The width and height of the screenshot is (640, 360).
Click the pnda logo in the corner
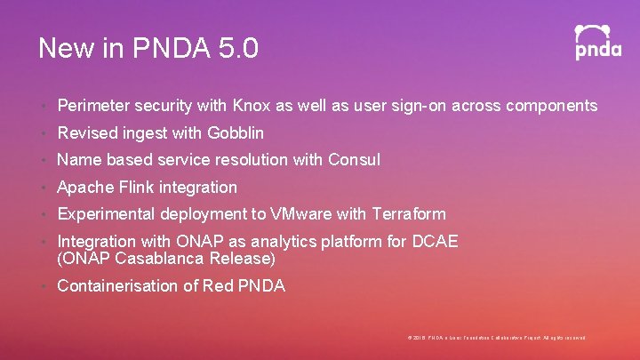pos(597,42)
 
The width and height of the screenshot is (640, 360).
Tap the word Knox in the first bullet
pos(252,106)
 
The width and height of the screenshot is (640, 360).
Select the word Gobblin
pos(236,133)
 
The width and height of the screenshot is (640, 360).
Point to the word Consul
pos(354,160)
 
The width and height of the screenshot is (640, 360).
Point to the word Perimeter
pos(93,106)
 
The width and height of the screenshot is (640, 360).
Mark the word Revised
pos(86,133)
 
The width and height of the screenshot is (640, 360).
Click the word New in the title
pos(64,48)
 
